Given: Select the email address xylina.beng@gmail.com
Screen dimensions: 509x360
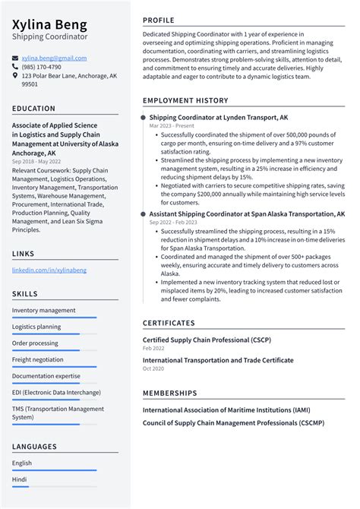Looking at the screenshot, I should click(x=54, y=58).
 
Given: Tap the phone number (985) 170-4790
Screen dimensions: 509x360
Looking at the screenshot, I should click(x=42, y=67).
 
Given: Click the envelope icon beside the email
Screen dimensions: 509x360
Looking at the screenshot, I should click(x=15, y=58).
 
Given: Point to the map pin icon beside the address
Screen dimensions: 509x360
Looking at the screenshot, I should click(x=15, y=76).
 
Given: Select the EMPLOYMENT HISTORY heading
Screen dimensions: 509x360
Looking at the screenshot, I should click(x=185, y=101).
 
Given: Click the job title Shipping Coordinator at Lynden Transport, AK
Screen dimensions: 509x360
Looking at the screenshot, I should click(x=218, y=118).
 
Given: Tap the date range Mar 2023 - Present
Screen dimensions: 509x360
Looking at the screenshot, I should click(x=171, y=126).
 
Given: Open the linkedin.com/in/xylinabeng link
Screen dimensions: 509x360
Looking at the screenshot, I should click(x=49, y=270).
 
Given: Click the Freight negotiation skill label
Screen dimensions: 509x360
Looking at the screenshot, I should click(x=38, y=359).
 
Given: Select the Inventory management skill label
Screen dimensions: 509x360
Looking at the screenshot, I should click(x=43, y=310).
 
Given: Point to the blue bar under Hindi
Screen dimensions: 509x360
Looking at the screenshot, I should click(x=54, y=487).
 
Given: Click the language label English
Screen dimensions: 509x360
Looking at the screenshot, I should click(x=22, y=462).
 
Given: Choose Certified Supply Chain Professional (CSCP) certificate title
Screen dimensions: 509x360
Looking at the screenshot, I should click(x=207, y=340).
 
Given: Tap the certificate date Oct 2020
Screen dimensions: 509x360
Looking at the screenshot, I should click(x=153, y=368).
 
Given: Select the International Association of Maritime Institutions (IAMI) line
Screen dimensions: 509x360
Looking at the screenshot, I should click(x=226, y=409).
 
